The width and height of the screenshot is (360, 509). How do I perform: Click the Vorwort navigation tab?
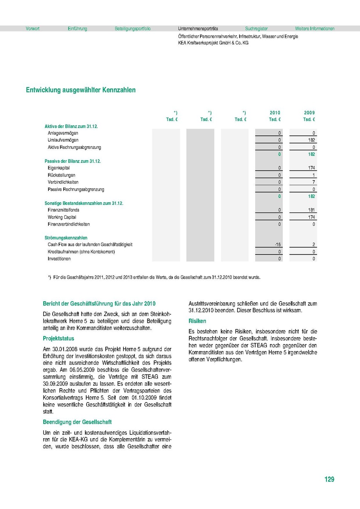point(33,29)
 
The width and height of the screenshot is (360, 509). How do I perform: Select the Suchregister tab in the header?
point(256,29)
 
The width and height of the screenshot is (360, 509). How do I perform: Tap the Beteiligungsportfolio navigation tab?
point(132,29)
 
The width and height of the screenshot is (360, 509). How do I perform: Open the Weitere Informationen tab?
point(315,29)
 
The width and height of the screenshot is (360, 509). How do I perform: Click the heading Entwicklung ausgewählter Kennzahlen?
point(81,90)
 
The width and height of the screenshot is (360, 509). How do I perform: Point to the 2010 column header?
point(275,113)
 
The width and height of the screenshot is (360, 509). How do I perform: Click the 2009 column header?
point(309,113)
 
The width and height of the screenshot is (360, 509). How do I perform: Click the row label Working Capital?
point(62,217)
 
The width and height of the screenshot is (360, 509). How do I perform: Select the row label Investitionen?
point(59,259)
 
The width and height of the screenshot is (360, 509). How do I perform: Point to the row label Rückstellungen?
point(62,175)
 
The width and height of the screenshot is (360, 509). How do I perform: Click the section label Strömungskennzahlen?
point(66,238)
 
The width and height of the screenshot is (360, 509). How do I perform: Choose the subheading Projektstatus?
point(59,338)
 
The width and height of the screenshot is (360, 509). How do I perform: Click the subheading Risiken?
point(197,322)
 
